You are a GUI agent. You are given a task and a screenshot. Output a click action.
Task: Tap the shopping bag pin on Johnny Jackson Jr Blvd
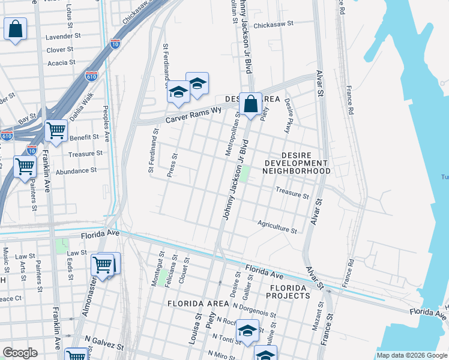pyautogui.click(x=251, y=104)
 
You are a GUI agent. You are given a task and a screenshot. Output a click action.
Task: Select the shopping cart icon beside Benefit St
pyautogui.click(x=56, y=130)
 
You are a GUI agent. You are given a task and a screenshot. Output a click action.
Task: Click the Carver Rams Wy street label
pyautogui.click(x=194, y=114)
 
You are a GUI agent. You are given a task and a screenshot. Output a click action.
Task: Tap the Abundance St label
pyautogui.click(x=76, y=171)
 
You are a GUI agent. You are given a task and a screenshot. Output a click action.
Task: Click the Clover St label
pyautogui.click(x=60, y=50)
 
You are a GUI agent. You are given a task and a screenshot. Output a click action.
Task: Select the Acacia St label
pyautogui.click(x=61, y=62)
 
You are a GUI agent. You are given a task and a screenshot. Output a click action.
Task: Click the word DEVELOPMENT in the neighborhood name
pyautogui.click(x=297, y=163)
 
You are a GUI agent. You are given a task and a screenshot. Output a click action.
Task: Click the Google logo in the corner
pyautogui.click(x=20, y=353)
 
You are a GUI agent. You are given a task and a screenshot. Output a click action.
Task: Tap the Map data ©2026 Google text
pyautogui.click(x=412, y=356)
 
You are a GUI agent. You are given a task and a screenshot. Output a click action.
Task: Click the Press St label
pyautogui.click(x=175, y=165)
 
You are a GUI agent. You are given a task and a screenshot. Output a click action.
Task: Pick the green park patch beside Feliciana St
pyautogui.click(x=162, y=277)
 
